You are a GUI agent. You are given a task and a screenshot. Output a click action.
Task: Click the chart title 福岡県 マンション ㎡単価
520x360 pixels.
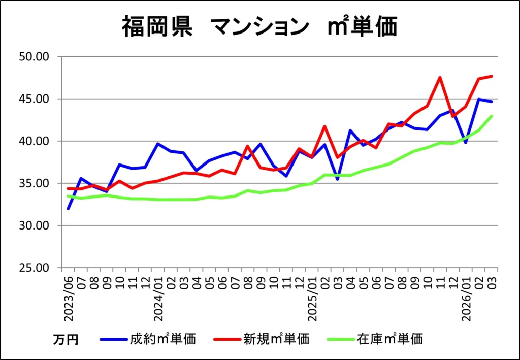point(259,27)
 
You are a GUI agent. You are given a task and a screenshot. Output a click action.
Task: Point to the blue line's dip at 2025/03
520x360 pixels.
point(337,179)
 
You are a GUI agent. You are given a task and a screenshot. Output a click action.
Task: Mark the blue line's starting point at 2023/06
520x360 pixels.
point(68,209)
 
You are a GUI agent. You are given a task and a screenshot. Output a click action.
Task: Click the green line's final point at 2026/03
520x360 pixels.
point(492,116)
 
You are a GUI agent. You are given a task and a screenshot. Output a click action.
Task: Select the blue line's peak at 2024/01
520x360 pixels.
point(158,144)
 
